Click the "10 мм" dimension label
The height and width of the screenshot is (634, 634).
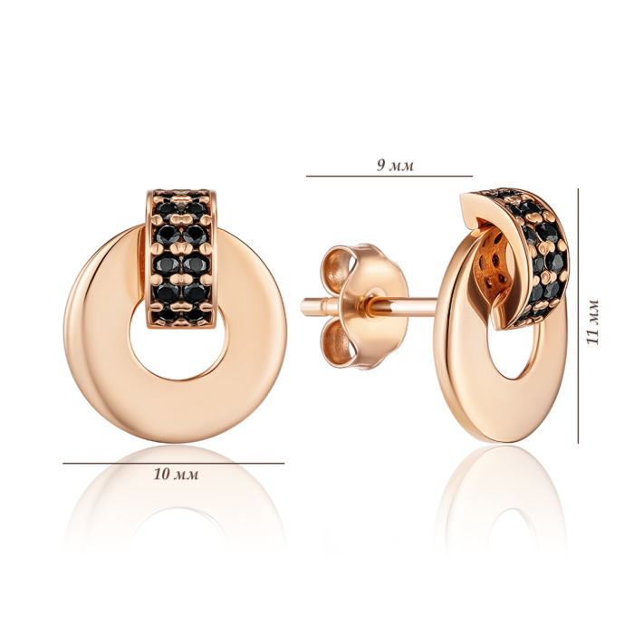[x=176, y=474]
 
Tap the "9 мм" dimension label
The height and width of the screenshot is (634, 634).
[x=395, y=165]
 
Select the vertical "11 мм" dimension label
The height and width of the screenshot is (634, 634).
[x=592, y=322]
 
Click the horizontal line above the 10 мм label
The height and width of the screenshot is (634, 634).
[x=174, y=464]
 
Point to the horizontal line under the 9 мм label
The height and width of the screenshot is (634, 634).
[x=389, y=177]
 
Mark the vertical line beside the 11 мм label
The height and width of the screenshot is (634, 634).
[x=578, y=315]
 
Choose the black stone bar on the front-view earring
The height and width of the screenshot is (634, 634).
[x=181, y=259]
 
